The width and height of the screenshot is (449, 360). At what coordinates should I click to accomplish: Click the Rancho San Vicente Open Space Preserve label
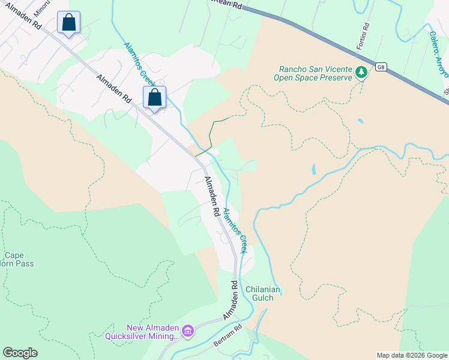point(312,73)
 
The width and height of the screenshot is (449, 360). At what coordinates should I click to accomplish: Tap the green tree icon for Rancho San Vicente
point(361,73)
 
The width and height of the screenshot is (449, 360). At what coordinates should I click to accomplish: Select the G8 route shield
point(381,67)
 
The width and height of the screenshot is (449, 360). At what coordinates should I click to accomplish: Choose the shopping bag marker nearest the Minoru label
point(69,23)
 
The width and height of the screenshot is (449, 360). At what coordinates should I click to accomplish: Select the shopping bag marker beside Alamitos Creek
point(155,97)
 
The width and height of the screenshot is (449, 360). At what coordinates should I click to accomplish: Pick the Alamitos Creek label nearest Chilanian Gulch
point(235,230)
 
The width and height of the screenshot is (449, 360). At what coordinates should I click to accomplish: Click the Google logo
point(20,353)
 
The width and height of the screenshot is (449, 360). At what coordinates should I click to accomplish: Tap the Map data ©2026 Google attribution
point(411,355)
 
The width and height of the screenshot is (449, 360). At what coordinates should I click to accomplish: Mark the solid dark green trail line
point(211,135)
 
